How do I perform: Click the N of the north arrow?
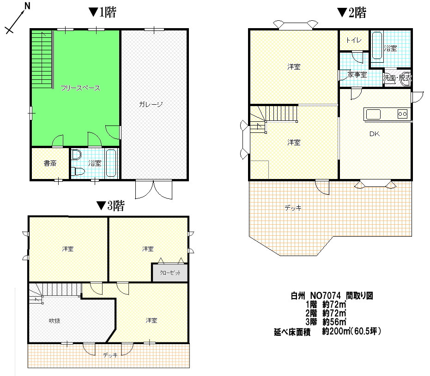[27, 6]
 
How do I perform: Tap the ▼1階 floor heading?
[102, 12]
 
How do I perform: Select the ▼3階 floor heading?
[110, 206]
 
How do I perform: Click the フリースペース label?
[80, 88]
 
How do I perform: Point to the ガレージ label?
[151, 104]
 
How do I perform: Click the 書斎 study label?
[50, 163]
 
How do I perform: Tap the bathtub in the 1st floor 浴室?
[111, 163]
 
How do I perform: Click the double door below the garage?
[154, 190]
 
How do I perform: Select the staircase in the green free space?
[42, 59]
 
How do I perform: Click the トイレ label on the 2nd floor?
[353, 40]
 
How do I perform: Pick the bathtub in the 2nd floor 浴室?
[377, 46]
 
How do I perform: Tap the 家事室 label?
[357, 74]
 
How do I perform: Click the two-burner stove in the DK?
[402, 114]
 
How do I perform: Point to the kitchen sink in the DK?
[373, 114]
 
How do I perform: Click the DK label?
[374, 134]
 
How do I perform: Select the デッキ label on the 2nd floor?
[293, 208]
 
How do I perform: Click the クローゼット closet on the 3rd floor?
[170, 273]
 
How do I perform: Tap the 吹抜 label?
[55, 321]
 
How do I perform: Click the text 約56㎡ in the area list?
[334, 322]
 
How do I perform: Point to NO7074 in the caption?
[326, 295]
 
